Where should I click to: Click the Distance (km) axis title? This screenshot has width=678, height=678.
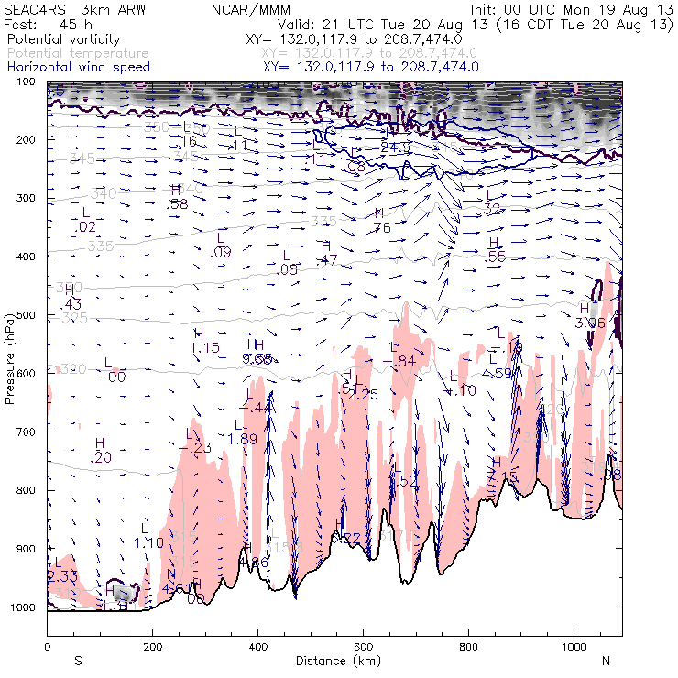334,661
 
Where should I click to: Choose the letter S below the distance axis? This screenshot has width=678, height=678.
78,660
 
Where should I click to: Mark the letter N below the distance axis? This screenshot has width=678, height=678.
606,660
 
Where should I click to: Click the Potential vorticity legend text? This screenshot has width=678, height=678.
61,41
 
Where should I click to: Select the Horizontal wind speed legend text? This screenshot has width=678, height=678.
77,67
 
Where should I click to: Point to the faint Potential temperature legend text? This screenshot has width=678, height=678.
77,54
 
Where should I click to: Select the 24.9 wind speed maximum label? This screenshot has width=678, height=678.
396,147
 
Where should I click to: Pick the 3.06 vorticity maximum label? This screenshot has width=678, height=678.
590,323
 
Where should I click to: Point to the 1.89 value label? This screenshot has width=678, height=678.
242,439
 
